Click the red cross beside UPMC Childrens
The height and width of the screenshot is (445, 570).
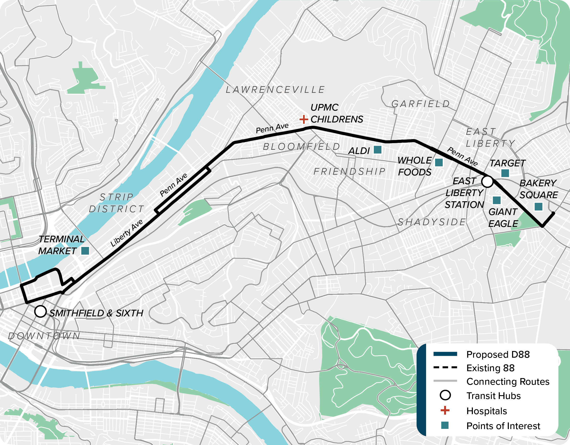pyautogui.click(x=304, y=119)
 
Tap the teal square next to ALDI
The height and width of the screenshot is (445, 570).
pyautogui.click(x=378, y=150)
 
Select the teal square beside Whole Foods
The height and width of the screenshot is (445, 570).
pyautogui.click(x=439, y=163)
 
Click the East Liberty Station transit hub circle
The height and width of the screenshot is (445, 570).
pyautogui.click(x=487, y=181)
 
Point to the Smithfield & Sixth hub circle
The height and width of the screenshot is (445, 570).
pyautogui.click(x=40, y=311)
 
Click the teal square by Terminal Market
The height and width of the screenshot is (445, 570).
pyautogui.click(x=85, y=251)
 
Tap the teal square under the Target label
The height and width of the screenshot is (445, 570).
pyautogui.click(x=505, y=173)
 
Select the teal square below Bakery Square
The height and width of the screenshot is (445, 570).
pyautogui.click(x=539, y=206)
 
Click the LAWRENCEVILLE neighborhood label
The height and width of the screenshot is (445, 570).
pyautogui.click(x=275, y=90)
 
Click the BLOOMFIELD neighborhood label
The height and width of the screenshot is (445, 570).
pyautogui.click(x=301, y=147)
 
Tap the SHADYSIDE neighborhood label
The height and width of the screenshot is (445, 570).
pyautogui.click(x=432, y=222)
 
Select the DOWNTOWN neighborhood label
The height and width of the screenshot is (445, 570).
pyautogui.click(x=44, y=336)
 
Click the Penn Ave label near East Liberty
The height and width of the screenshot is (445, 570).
pyautogui.click(x=462, y=156)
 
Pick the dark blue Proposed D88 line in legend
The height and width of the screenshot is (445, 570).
pyautogui.click(x=445, y=354)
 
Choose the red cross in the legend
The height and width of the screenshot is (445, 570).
pyautogui.click(x=445, y=410)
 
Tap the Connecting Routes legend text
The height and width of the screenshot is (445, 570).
pyautogui.click(x=508, y=382)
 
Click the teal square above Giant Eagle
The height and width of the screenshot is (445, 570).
pyautogui.click(x=497, y=200)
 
